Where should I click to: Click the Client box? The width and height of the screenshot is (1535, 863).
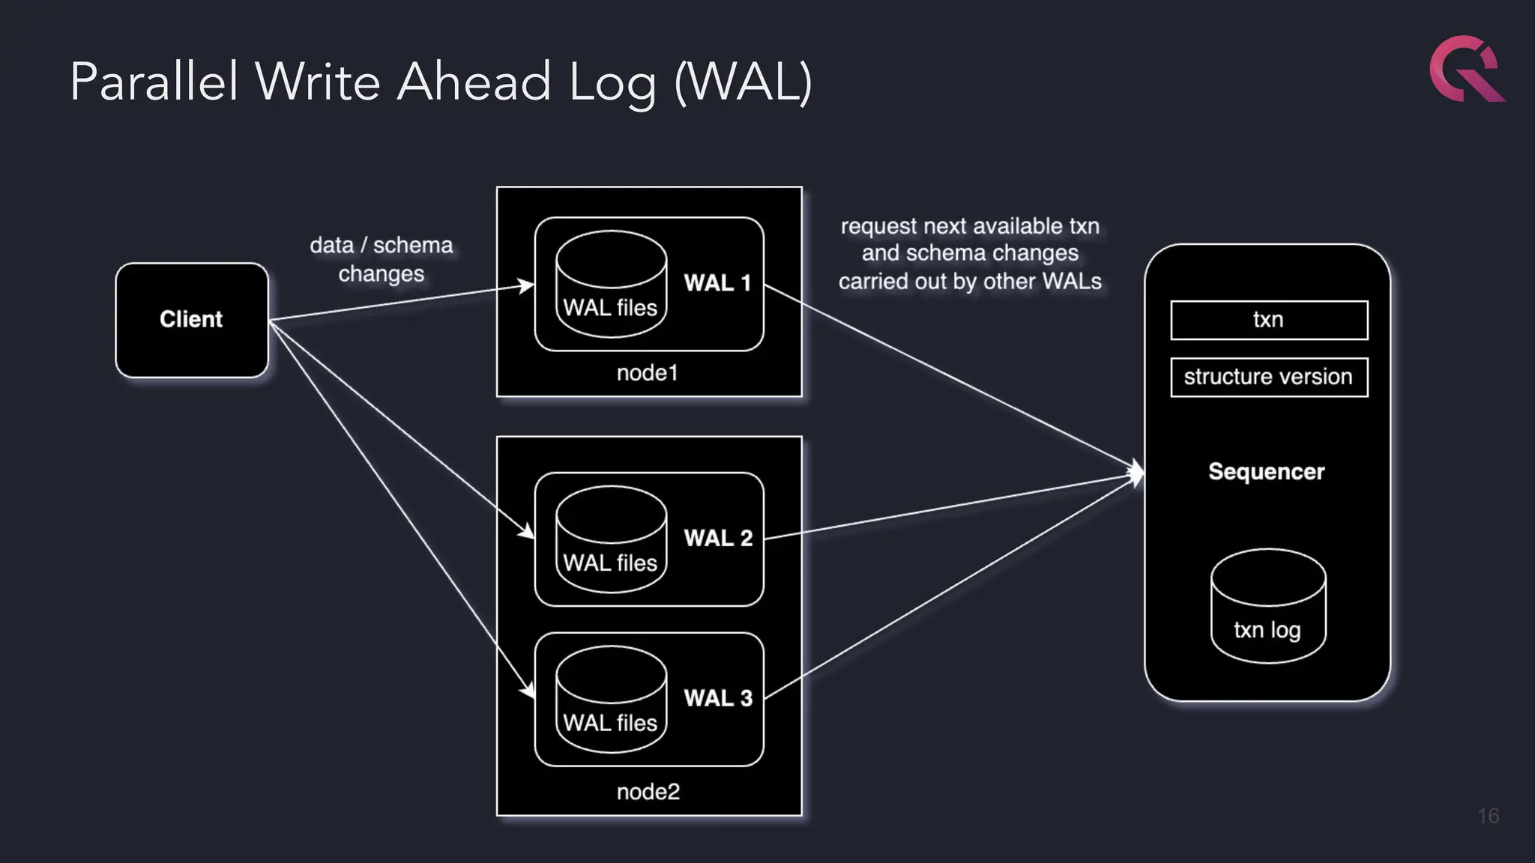192,320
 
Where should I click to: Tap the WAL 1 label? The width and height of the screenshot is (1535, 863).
717,283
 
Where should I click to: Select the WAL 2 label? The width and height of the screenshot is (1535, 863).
718,538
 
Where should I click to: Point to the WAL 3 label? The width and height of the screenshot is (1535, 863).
718,698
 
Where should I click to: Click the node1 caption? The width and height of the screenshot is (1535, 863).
648,373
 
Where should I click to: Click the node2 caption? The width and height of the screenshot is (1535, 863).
648,792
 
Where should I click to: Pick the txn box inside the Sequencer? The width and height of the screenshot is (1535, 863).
1269,320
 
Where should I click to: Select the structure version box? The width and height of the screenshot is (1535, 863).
1269,377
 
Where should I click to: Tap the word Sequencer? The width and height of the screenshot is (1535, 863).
1267,471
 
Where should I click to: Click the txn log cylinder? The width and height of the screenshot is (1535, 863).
1268,607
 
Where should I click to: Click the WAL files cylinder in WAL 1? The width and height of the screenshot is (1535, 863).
611,285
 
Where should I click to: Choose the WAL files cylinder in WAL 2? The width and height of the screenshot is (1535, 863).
611,539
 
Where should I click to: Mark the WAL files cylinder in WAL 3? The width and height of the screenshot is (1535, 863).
611,700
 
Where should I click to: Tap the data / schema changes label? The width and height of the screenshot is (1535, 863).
382,259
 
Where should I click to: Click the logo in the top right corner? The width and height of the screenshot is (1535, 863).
1466,69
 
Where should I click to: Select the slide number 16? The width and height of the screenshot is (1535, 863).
1488,816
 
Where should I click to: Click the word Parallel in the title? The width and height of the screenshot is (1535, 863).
154,82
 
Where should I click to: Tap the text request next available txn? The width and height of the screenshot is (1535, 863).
970,226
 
